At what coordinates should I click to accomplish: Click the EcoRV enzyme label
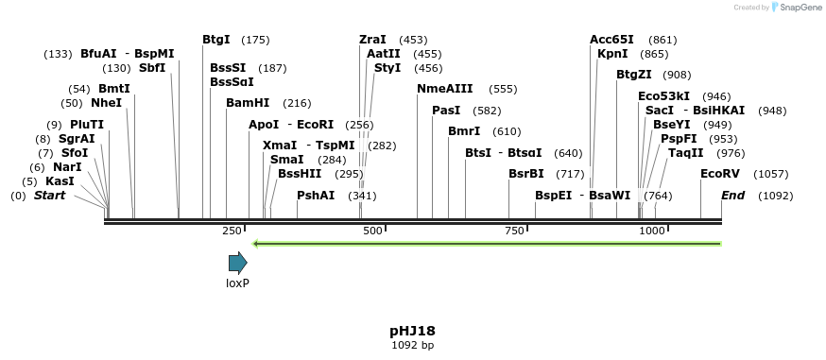720,174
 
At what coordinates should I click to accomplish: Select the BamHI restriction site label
248,103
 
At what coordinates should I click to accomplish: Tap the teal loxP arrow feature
237,263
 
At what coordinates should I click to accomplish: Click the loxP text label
237,283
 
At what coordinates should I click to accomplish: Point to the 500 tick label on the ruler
372,231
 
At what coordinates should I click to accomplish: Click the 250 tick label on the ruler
232,231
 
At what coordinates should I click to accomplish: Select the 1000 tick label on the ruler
651,231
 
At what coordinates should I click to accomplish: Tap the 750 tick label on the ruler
513,231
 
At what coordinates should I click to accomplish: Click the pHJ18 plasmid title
412,331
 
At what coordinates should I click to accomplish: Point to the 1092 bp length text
412,346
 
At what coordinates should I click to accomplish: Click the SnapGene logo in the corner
792,8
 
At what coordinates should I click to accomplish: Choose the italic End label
732,196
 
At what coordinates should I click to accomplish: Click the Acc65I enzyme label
611,40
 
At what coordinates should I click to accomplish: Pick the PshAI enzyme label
316,196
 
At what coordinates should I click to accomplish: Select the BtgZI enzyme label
634,75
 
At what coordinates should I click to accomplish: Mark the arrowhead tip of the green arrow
253,244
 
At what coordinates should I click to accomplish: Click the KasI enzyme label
60,181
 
